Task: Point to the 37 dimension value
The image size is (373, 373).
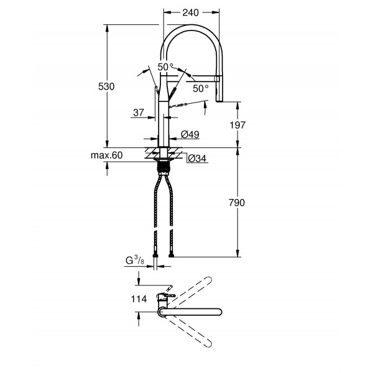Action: click(138, 113)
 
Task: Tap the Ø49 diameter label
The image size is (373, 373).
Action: click(189, 134)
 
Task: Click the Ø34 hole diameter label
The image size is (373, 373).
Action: click(196, 159)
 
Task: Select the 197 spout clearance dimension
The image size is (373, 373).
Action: click(237, 125)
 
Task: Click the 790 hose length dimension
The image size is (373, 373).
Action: click(237, 203)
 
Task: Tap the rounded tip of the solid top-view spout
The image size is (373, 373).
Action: click(219, 311)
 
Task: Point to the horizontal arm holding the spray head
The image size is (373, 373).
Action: click(202, 78)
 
